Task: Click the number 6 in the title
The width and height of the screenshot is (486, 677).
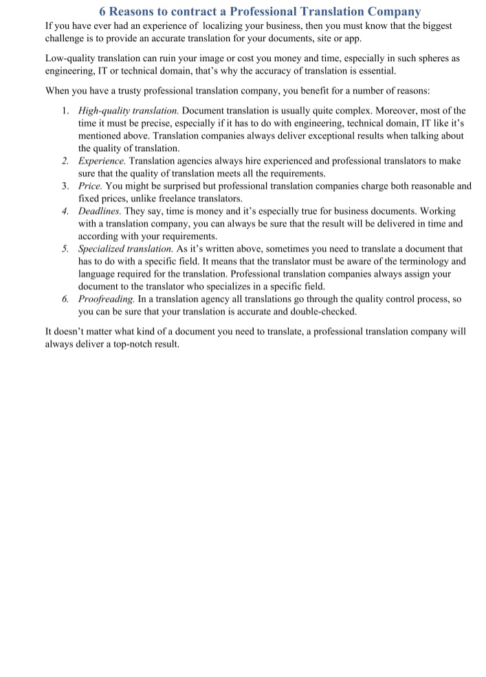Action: click(103, 12)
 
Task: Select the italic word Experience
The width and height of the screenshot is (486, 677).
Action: click(102, 161)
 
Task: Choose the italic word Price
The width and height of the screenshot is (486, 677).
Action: click(90, 186)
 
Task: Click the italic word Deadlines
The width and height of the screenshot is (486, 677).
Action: click(100, 211)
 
